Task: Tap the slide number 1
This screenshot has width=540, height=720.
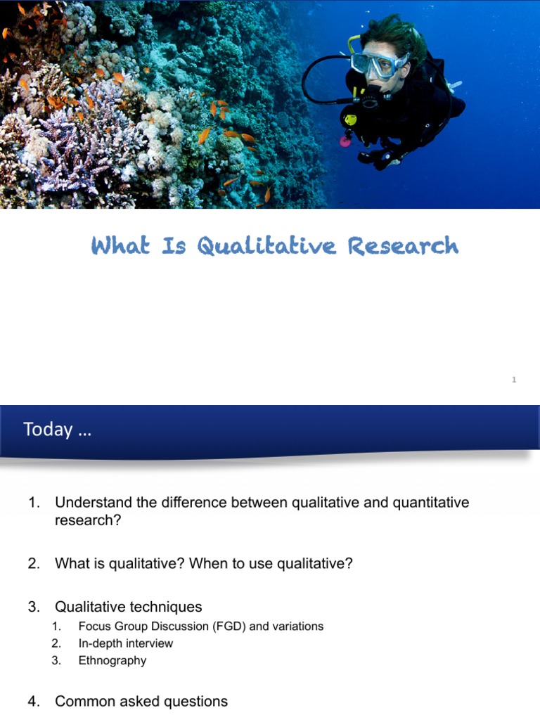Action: pyautogui.click(x=514, y=380)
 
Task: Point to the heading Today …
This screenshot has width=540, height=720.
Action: pyautogui.click(x=57, y=430)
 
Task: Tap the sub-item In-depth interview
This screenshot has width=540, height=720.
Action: pyautogui.click(x=125, y=643)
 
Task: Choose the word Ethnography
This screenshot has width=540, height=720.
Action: pyautogui.click(x=112, y=660)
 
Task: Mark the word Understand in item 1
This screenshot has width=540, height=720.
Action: pyautogui.click(x=89, y=503)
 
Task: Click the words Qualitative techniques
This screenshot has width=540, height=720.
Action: pyautogui.click(x=128, y=607)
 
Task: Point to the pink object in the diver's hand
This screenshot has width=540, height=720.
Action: pyautogui.click(x=345, y=141)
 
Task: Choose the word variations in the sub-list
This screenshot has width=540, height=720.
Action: pyautogui.click(x=298, y=626)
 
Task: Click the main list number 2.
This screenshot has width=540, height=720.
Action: pyautogui.click(x=33, y=564)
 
